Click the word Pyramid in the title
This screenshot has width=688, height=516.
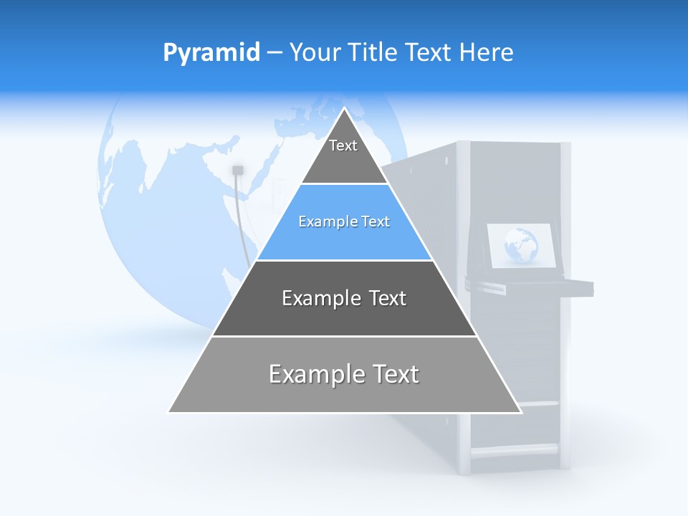click(x=211, y=52)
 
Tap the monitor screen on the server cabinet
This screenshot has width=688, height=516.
click(x=522, y=247)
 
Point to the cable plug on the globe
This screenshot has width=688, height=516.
click(x=238, y=170)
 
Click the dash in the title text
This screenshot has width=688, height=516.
click(x=274, y=53)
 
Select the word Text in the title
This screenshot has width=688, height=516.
click(x=428, y=52)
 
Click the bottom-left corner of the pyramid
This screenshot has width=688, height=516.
click(x=169, y=411)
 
